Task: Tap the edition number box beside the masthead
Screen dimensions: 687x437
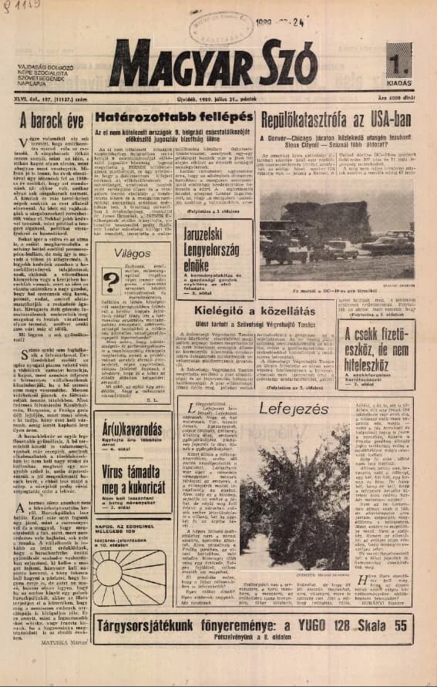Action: [x=398, y=60]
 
